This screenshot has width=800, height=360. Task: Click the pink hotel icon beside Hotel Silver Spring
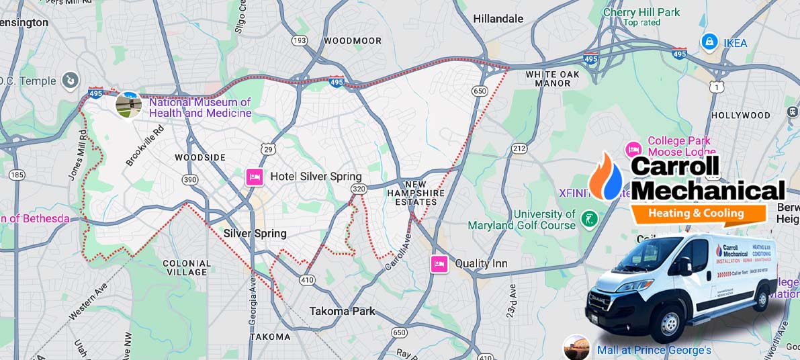point(254,177)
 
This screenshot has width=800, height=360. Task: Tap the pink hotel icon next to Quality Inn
point(439,264)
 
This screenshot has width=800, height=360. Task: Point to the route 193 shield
point(300,41)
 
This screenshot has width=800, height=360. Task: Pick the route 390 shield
point(190,179)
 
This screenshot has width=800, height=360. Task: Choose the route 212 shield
point(519,148)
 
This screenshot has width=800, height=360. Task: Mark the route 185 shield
point(17,175)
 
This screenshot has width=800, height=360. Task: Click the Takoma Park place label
point(342,311)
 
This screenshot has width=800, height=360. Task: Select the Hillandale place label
point(498,19)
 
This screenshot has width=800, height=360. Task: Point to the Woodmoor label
point(352,41)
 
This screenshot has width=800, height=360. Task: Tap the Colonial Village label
point(187,267)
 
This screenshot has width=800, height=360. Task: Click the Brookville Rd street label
point(144,146)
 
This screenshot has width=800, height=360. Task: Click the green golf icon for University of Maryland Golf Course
point(589,219)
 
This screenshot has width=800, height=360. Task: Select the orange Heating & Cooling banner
point(697,214)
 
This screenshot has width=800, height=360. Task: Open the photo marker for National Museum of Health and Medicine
point(128,105)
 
